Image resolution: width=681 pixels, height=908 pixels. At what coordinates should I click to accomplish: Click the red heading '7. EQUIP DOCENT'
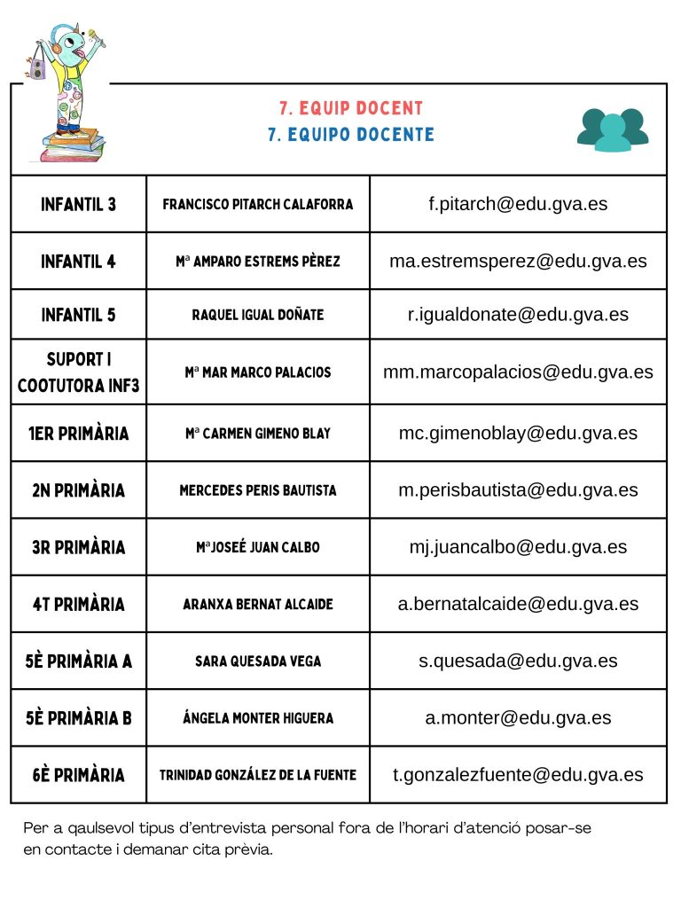click(351, 108)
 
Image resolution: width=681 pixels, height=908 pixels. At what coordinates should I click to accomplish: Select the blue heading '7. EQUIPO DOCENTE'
click(351, 135)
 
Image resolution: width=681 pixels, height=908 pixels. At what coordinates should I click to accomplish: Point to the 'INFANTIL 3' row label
click(78, 204)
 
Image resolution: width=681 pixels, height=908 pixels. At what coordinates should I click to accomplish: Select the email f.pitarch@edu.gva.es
click(518, 204)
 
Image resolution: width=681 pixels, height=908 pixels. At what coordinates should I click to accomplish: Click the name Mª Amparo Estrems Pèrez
click(257, 262)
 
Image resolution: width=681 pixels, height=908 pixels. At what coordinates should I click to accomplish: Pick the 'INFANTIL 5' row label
click(78, 315)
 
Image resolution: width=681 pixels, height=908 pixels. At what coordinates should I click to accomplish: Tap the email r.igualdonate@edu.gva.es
click(518, 315)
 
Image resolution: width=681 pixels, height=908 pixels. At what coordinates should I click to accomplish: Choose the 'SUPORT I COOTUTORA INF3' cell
click(78, 372)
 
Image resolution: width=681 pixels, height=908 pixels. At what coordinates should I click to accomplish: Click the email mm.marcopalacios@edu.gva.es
click(518, 372)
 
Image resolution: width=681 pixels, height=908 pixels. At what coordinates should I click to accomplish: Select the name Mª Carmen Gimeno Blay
click(257, 434)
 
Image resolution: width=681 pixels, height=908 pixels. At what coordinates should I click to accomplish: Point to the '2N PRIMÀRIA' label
click(78, 490)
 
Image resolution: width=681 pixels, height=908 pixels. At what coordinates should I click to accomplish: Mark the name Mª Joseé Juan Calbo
click(257, 547)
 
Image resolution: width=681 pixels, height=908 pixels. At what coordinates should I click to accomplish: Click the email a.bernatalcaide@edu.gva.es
click(518, 604)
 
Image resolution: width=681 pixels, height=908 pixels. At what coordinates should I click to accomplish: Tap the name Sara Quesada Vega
click(257, 661)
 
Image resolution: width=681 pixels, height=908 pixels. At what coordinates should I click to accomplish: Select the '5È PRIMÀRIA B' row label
click(78, 717)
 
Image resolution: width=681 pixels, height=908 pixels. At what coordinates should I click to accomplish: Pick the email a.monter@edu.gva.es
click(518, 717)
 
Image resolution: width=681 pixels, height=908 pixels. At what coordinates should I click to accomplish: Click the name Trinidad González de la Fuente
click(257, 774)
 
